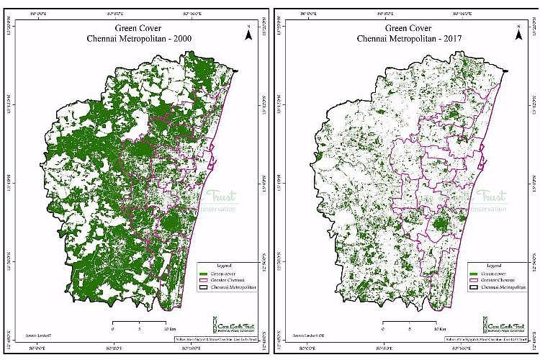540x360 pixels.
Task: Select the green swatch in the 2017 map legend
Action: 473,274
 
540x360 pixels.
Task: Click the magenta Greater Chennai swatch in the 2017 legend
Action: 473,281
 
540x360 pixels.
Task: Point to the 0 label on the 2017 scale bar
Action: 383,328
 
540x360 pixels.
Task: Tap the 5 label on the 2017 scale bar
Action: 408,328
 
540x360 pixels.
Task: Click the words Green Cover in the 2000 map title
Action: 137,29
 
